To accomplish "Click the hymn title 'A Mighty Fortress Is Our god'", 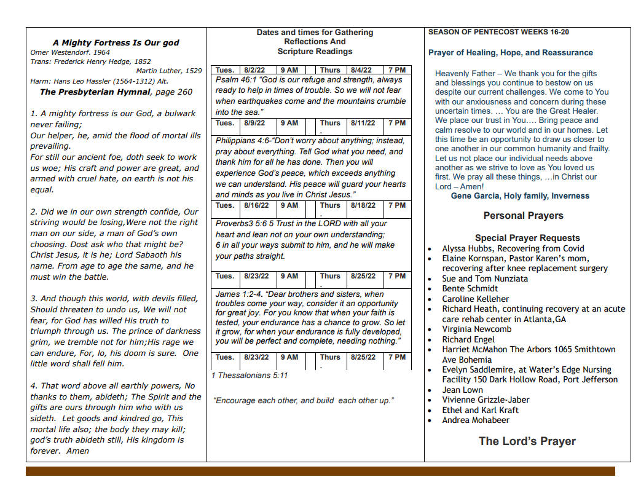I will pos(116,42).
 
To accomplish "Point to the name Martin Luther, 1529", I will pos(169,71).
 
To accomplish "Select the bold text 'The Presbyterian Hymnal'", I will pos(95,92).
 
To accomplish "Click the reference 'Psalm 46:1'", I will pos(235,80).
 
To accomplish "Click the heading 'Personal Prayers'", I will pos(523,216).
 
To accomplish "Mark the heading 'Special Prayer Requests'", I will pos(527,238).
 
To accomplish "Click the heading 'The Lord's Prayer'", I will pos(527,441).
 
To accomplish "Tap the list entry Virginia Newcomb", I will pos(476,329).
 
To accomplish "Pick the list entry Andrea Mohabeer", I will pos(475,420).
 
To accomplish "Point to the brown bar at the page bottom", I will pos(320,471).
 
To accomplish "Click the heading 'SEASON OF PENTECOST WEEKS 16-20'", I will pos(498,32).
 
